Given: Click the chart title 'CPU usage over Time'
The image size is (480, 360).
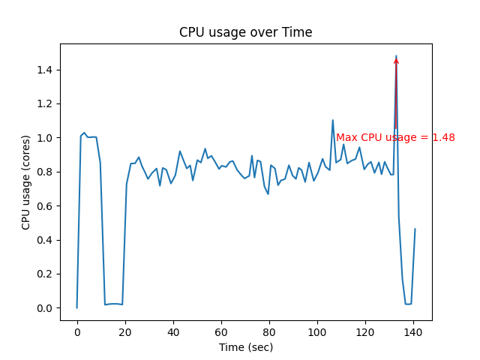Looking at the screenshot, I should point(245,32).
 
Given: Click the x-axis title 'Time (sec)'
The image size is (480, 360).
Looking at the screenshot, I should point(245,347).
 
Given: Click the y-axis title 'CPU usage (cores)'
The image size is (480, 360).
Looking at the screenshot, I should point(26,182).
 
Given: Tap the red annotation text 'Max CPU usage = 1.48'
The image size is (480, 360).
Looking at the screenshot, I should point(395,138).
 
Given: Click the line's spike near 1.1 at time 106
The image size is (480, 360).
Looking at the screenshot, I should point(333,120).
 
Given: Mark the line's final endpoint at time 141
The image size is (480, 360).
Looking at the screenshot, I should point(415,229).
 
